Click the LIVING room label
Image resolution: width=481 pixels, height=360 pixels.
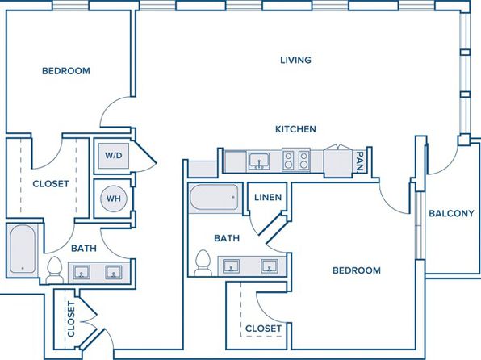click(295, 60)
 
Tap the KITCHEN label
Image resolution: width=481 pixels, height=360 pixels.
click(295, 129)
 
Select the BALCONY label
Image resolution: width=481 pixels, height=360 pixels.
click(451, 213)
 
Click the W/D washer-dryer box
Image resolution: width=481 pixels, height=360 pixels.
click(114, 156)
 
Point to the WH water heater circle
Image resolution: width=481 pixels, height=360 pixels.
click(114, 199)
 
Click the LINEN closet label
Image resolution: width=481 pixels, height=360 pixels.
click(268, 197)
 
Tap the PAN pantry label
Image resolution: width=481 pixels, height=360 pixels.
click(360, 161)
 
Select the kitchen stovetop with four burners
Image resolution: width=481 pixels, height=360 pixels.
click(296, 160)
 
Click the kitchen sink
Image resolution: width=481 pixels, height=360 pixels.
click(259, 161)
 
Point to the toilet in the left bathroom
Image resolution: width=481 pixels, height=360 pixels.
click(55, 270)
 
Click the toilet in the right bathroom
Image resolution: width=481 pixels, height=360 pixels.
click(203, 262)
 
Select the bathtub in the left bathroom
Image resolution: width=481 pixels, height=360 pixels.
click(23, 249)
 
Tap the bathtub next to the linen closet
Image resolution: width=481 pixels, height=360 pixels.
click(214, 197)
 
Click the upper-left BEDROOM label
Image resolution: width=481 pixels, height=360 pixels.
click(66, 71)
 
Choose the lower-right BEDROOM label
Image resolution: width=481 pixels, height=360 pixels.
click(357, 270)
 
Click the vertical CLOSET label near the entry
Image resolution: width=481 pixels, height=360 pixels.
click(71, 319)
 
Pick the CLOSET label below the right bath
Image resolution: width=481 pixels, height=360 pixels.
click(264, 329)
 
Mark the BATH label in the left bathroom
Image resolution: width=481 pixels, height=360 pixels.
click(84, 249)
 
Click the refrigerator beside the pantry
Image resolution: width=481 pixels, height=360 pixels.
click(338, 161)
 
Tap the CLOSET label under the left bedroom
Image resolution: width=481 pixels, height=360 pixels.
click(51, 184)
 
